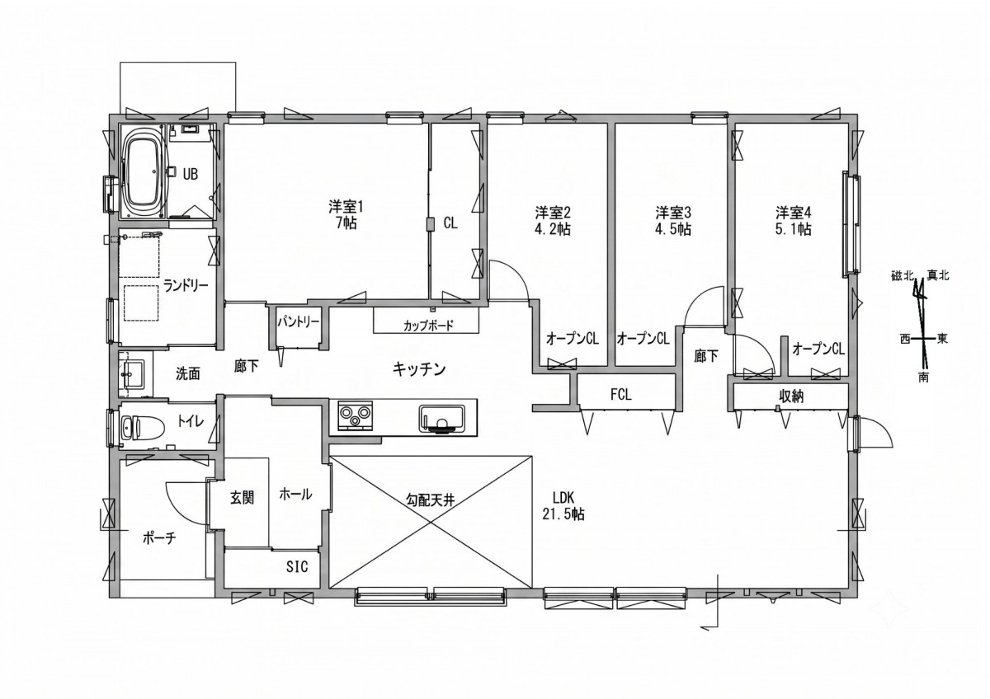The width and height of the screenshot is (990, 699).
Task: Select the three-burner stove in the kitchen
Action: point(355,415)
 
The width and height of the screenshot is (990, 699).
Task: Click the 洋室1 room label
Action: point(345,206)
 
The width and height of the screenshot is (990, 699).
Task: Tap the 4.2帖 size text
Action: point(553,230)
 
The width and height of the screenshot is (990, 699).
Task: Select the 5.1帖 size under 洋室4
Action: point(794,230)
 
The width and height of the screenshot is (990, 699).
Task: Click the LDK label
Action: point(563,498)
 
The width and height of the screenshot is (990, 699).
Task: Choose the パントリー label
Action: point(299,322)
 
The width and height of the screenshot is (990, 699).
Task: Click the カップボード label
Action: point(428,326)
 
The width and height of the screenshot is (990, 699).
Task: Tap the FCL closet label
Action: point(621,394)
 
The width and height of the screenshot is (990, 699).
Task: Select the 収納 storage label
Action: point(790,397)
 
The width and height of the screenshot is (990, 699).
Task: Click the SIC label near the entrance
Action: point(297,566)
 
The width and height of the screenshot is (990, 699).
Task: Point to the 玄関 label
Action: point(243,498)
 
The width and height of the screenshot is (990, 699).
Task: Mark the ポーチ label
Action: point(159,537)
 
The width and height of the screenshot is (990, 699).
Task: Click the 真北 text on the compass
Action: point(938,275)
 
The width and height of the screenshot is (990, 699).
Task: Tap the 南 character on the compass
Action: point(923,378)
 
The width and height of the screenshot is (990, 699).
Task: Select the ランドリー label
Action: point(186,285)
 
